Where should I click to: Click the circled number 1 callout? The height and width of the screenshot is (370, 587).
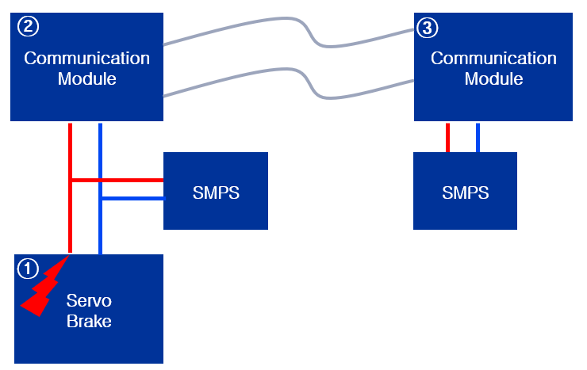point(28,269)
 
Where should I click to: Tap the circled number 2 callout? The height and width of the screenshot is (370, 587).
point(28,26)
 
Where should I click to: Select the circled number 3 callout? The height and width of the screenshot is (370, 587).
point(427,29)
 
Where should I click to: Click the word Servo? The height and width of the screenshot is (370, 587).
point(89,301)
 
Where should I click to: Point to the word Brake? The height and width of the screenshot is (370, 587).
point(89,321)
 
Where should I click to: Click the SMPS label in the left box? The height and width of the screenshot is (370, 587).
point(216,193)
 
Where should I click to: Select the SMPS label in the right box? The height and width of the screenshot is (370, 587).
point(466,193)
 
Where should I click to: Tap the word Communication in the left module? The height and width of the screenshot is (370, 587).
point(86,59)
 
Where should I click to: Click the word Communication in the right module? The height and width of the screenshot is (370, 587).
point(493,59)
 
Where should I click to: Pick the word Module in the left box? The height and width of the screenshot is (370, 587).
point(86,79)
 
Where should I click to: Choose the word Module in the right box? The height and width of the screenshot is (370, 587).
point(493,79)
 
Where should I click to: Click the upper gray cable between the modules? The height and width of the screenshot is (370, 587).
point(238,29)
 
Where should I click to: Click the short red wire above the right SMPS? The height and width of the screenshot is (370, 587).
point(448,137)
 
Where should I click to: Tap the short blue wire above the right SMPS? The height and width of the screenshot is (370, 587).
point(478,137)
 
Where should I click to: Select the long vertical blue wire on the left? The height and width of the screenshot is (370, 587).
point(100,230)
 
